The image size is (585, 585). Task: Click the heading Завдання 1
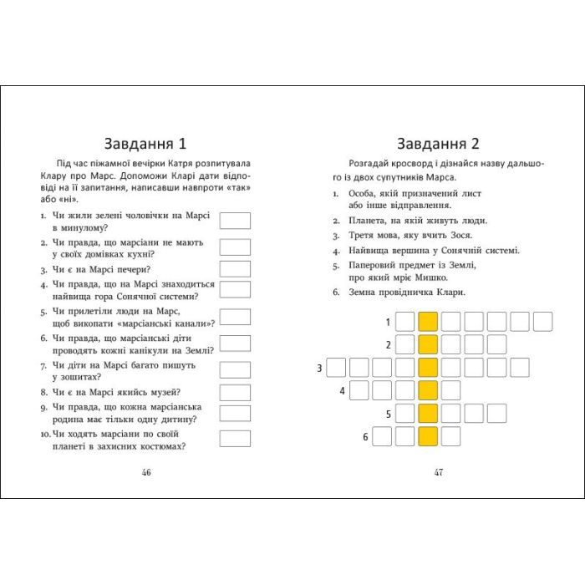(x=146, y=140)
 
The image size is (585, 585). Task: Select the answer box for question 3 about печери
(x=235, y=269)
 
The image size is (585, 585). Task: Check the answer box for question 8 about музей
(x=235, y=391)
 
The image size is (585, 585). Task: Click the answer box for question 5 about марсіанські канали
(x=235, y=318)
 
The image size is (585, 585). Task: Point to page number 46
(x=146, y=472)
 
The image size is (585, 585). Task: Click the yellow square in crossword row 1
(x=428, y=322)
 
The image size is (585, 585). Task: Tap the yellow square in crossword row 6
(x=428, y=435)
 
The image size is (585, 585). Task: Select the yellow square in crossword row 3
(x=428, y=367)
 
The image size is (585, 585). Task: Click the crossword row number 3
(x=320, y=368)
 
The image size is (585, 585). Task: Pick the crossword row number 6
(x=365, y=436)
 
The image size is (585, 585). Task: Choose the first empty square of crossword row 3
(x=336, y=367)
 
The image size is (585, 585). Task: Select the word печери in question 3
(x=133, y=269)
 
